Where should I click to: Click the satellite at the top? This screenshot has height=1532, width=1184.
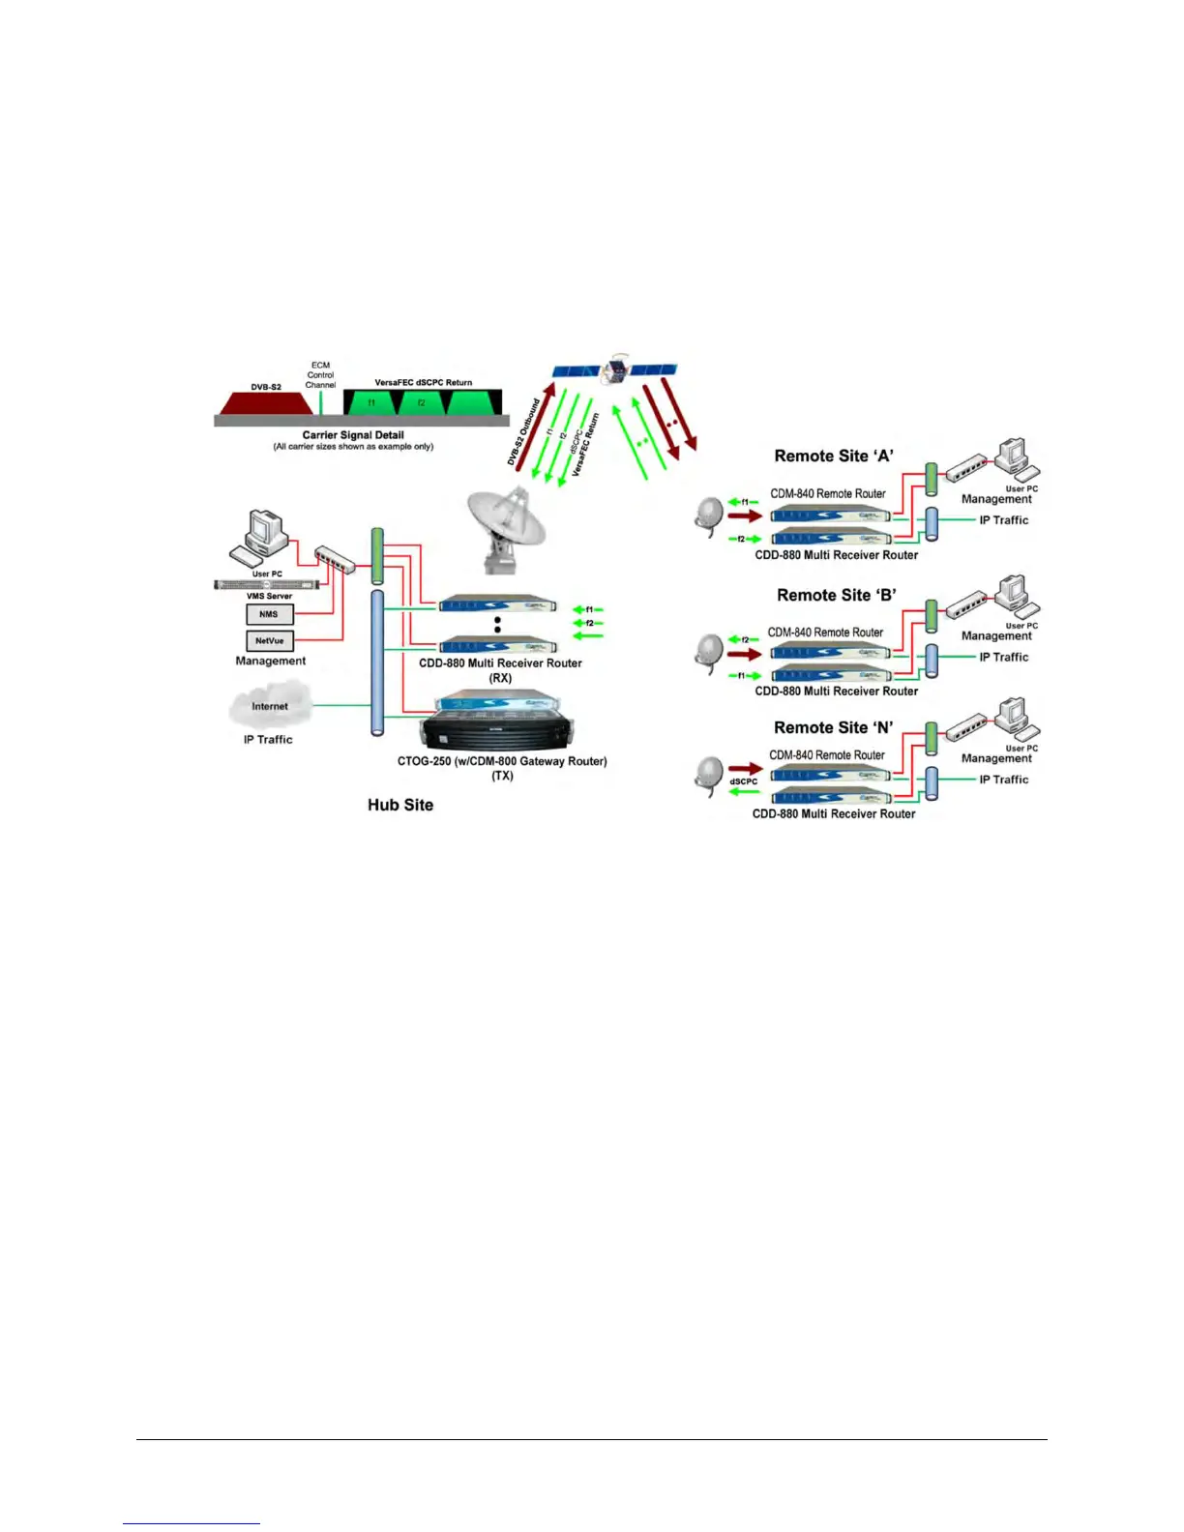point(615,370)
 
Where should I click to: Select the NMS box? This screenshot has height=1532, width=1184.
point(269,614)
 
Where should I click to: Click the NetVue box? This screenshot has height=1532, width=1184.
point(269,640)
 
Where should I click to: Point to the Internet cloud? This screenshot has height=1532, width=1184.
point(270,706)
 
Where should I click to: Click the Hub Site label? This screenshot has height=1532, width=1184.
point(400,805)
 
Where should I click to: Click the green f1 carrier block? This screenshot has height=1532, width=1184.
point(371,402)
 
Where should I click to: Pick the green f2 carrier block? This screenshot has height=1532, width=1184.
point(422,402)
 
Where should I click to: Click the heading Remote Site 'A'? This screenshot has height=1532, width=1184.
point(834,456)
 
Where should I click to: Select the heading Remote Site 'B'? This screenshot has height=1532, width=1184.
point(836,595)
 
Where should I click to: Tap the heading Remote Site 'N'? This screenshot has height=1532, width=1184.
point(833,727)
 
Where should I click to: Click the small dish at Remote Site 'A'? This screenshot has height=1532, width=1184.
point(709,514)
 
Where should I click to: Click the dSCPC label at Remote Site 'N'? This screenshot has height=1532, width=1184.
point(743,781)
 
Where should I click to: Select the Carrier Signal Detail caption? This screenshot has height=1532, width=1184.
point(353,435)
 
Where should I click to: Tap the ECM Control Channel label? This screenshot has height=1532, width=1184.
point(320,375)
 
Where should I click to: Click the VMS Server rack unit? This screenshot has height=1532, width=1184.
point(266,584)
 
